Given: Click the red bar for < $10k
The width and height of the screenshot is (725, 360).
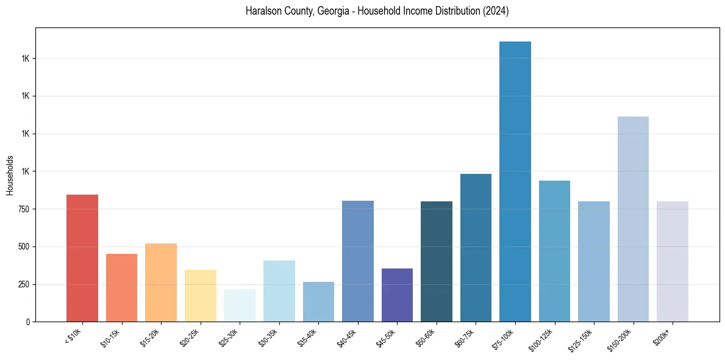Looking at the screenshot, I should coord(82,258).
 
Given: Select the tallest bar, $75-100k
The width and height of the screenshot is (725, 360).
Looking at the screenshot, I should coord(515,181).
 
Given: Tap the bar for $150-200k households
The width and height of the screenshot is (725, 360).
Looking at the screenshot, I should coord(633,219).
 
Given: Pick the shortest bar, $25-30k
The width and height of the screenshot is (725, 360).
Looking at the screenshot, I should coord(240,305).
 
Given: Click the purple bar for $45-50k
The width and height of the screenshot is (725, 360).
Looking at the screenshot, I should coord(397,295).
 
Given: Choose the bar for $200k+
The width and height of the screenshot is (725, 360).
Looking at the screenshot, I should coord(673,261).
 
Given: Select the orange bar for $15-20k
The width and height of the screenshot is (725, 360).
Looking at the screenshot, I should coord(161,283).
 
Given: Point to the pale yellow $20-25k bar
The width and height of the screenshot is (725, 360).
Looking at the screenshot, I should coord(201,295).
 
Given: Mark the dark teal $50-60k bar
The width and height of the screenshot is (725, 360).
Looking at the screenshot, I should coord(437,261).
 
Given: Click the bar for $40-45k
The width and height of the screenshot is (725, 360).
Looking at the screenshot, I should coord(358,261).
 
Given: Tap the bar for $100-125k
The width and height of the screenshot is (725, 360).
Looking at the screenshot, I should coord(554,251).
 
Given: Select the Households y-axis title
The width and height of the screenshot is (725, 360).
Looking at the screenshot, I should coord(10,175).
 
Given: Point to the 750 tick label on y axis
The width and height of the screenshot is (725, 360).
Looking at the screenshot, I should coord(23,209).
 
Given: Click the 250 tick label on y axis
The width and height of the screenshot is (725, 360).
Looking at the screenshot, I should coord(23,284).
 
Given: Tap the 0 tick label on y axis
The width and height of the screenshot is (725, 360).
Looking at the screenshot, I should coord(28,322).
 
